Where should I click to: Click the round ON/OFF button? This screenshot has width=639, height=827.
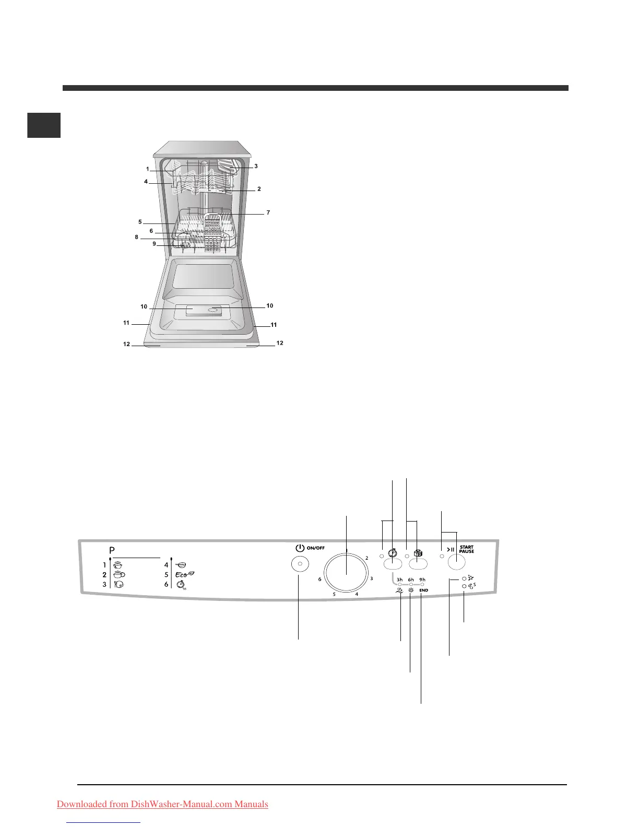tap(300, 564)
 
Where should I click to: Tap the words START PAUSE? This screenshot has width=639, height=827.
tap(466, 549)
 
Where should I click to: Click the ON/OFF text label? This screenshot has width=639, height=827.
tap(315, 548)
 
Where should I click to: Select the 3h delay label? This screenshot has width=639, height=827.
tap(399, 580)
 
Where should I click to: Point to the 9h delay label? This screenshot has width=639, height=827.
tap(422, 580)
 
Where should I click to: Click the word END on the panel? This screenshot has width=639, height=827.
tap(423, 590)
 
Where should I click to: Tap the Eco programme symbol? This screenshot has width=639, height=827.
tap(185, 574)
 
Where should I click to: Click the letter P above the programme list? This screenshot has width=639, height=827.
tap(112, 550)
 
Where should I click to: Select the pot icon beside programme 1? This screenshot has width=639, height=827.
tap(118, 565)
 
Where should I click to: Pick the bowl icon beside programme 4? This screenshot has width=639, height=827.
tap(181, 565)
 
